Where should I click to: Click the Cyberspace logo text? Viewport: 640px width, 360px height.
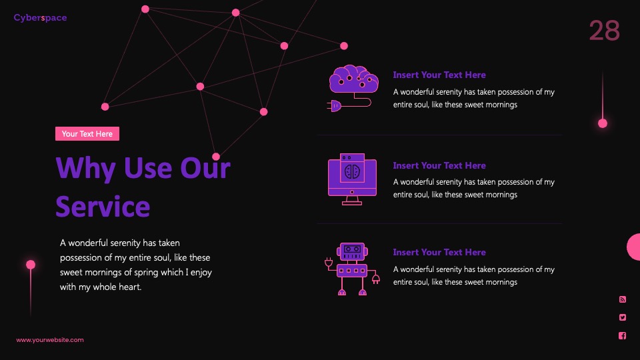click(x=40, y=17)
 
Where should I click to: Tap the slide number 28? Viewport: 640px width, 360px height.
click(x=605, y=31)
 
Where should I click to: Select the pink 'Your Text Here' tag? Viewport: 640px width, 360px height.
click(x=87, y=133)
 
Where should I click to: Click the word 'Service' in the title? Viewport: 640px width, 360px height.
click(x=103, y=206)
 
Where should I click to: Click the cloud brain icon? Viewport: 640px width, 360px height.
click(x=353, y=88)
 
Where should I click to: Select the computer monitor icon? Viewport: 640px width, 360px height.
click(x=352, y=179)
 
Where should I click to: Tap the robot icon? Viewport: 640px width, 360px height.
click(x=352, y=269)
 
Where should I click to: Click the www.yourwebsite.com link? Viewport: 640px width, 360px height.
click(x=50, y=339)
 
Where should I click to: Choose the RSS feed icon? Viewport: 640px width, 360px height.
click(x=623, y=299)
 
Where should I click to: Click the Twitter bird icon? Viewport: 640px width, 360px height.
click(x=623, y=317)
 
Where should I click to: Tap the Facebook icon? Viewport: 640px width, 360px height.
click(x=623, y=335)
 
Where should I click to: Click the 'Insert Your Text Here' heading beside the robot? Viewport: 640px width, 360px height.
click(x=439, y=252)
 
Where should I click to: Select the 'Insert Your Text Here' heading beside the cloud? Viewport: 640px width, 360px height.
click(x=439, y=75)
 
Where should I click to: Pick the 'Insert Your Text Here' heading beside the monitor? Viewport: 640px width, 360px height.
click(x=439, y=165)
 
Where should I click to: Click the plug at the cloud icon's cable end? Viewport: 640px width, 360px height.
click(x=334, y=106)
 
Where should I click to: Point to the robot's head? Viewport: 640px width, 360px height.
click(x=352, y=251)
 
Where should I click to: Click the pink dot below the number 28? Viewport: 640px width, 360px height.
click(x=603, y=123)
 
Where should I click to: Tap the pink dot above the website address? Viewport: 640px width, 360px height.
click(x=31, y=265)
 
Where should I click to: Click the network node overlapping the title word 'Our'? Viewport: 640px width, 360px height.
click(x=216, y=156)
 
